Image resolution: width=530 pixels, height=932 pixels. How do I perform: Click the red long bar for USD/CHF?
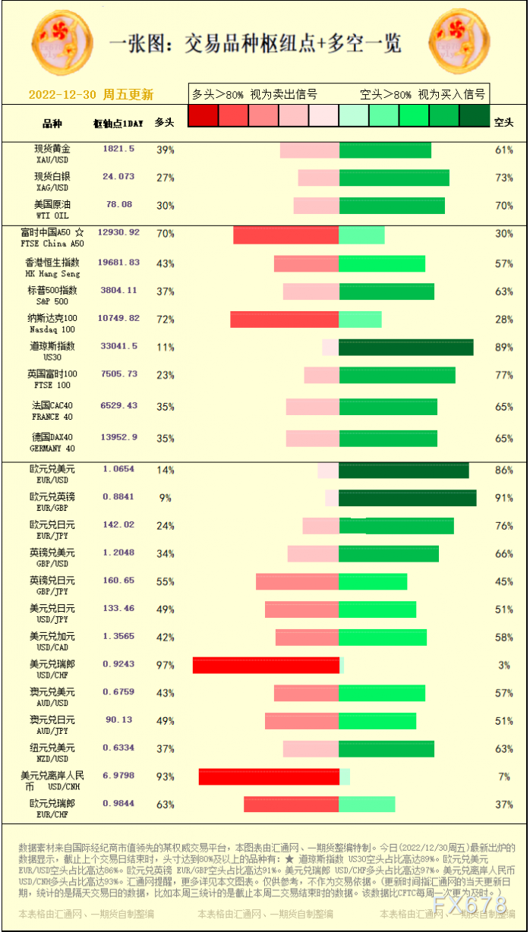[265, 666]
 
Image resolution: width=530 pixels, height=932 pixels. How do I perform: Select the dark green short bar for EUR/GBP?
[407, 498]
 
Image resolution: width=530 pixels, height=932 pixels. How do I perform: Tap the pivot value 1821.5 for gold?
[118, 149]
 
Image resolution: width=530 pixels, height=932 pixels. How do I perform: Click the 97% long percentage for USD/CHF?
[165, 666]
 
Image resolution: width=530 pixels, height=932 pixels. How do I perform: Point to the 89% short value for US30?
[504, 348]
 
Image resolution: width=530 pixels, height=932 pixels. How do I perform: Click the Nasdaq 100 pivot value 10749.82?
[118, 319]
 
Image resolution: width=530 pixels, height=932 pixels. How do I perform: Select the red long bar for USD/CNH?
[268, 776]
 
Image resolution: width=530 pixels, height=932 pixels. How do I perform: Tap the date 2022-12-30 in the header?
[62, 95]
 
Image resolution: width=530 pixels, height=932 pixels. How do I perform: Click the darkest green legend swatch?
[475, 115]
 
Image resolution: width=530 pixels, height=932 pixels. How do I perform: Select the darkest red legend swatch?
[203, 115]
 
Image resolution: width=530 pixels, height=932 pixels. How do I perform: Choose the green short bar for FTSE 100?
[397, 375]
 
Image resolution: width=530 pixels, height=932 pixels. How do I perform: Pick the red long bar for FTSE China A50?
[286, 235]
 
